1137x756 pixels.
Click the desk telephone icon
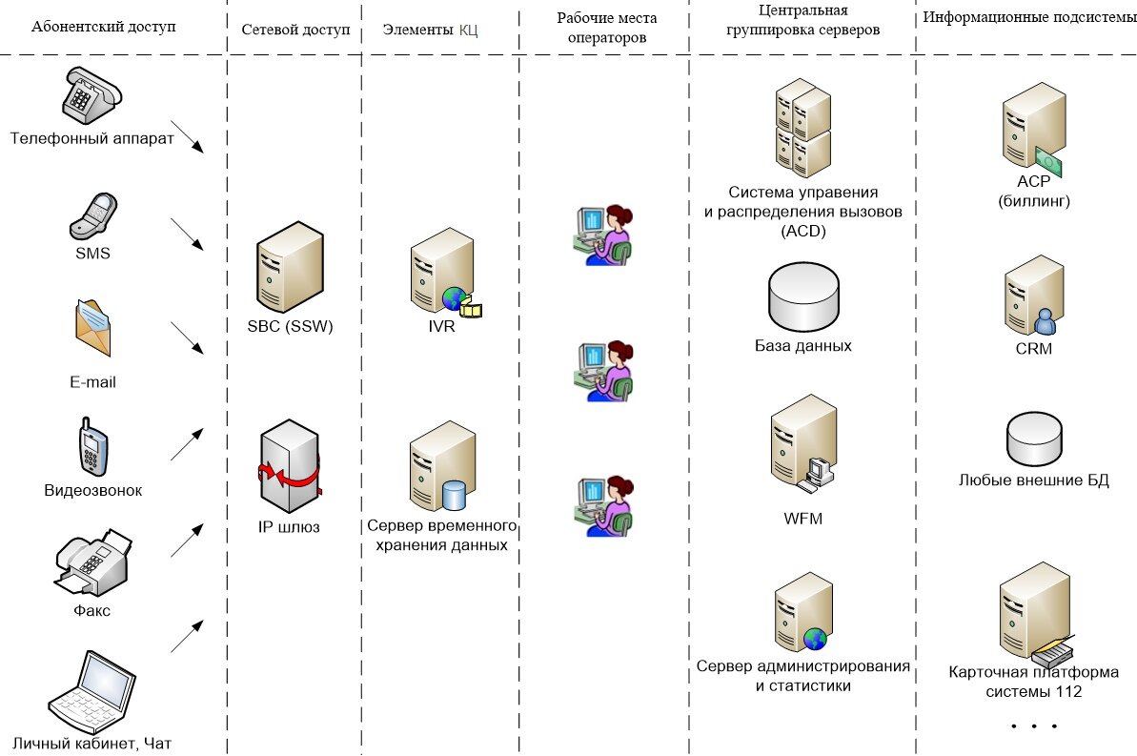(x=92, y=95)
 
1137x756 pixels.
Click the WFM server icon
(x=802, y=443)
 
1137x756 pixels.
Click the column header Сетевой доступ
(x=295, y=30)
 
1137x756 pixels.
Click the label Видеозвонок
(x=92, y=491)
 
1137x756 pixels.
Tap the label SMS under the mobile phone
(x=92, y=254)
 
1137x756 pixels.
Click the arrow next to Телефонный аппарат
(x=188, y=136)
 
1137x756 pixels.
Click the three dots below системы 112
(x=1034, y=727)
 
